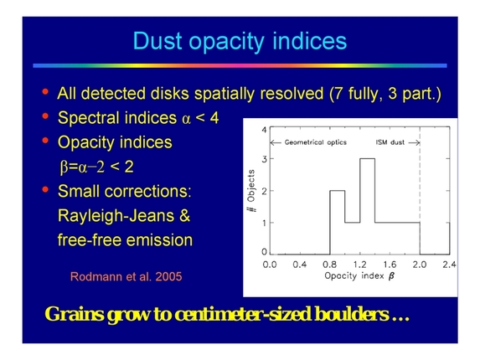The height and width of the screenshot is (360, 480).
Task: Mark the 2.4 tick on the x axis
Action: click(449, 265)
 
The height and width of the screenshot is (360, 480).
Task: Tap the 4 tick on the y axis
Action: click(263, 131)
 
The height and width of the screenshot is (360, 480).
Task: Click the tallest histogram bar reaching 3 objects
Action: click(366, 205)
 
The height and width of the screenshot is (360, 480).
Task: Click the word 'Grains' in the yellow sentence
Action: click(73, 315)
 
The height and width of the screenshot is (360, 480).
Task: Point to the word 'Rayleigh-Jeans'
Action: click(123, 216)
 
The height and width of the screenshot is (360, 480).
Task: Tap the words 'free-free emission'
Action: click(125, 240)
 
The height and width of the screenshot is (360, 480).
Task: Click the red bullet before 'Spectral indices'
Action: click(44, 118)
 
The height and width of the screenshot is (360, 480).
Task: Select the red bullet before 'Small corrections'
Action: click(44, 191)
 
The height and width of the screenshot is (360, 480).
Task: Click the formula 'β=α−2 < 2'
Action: click(111, 167)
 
